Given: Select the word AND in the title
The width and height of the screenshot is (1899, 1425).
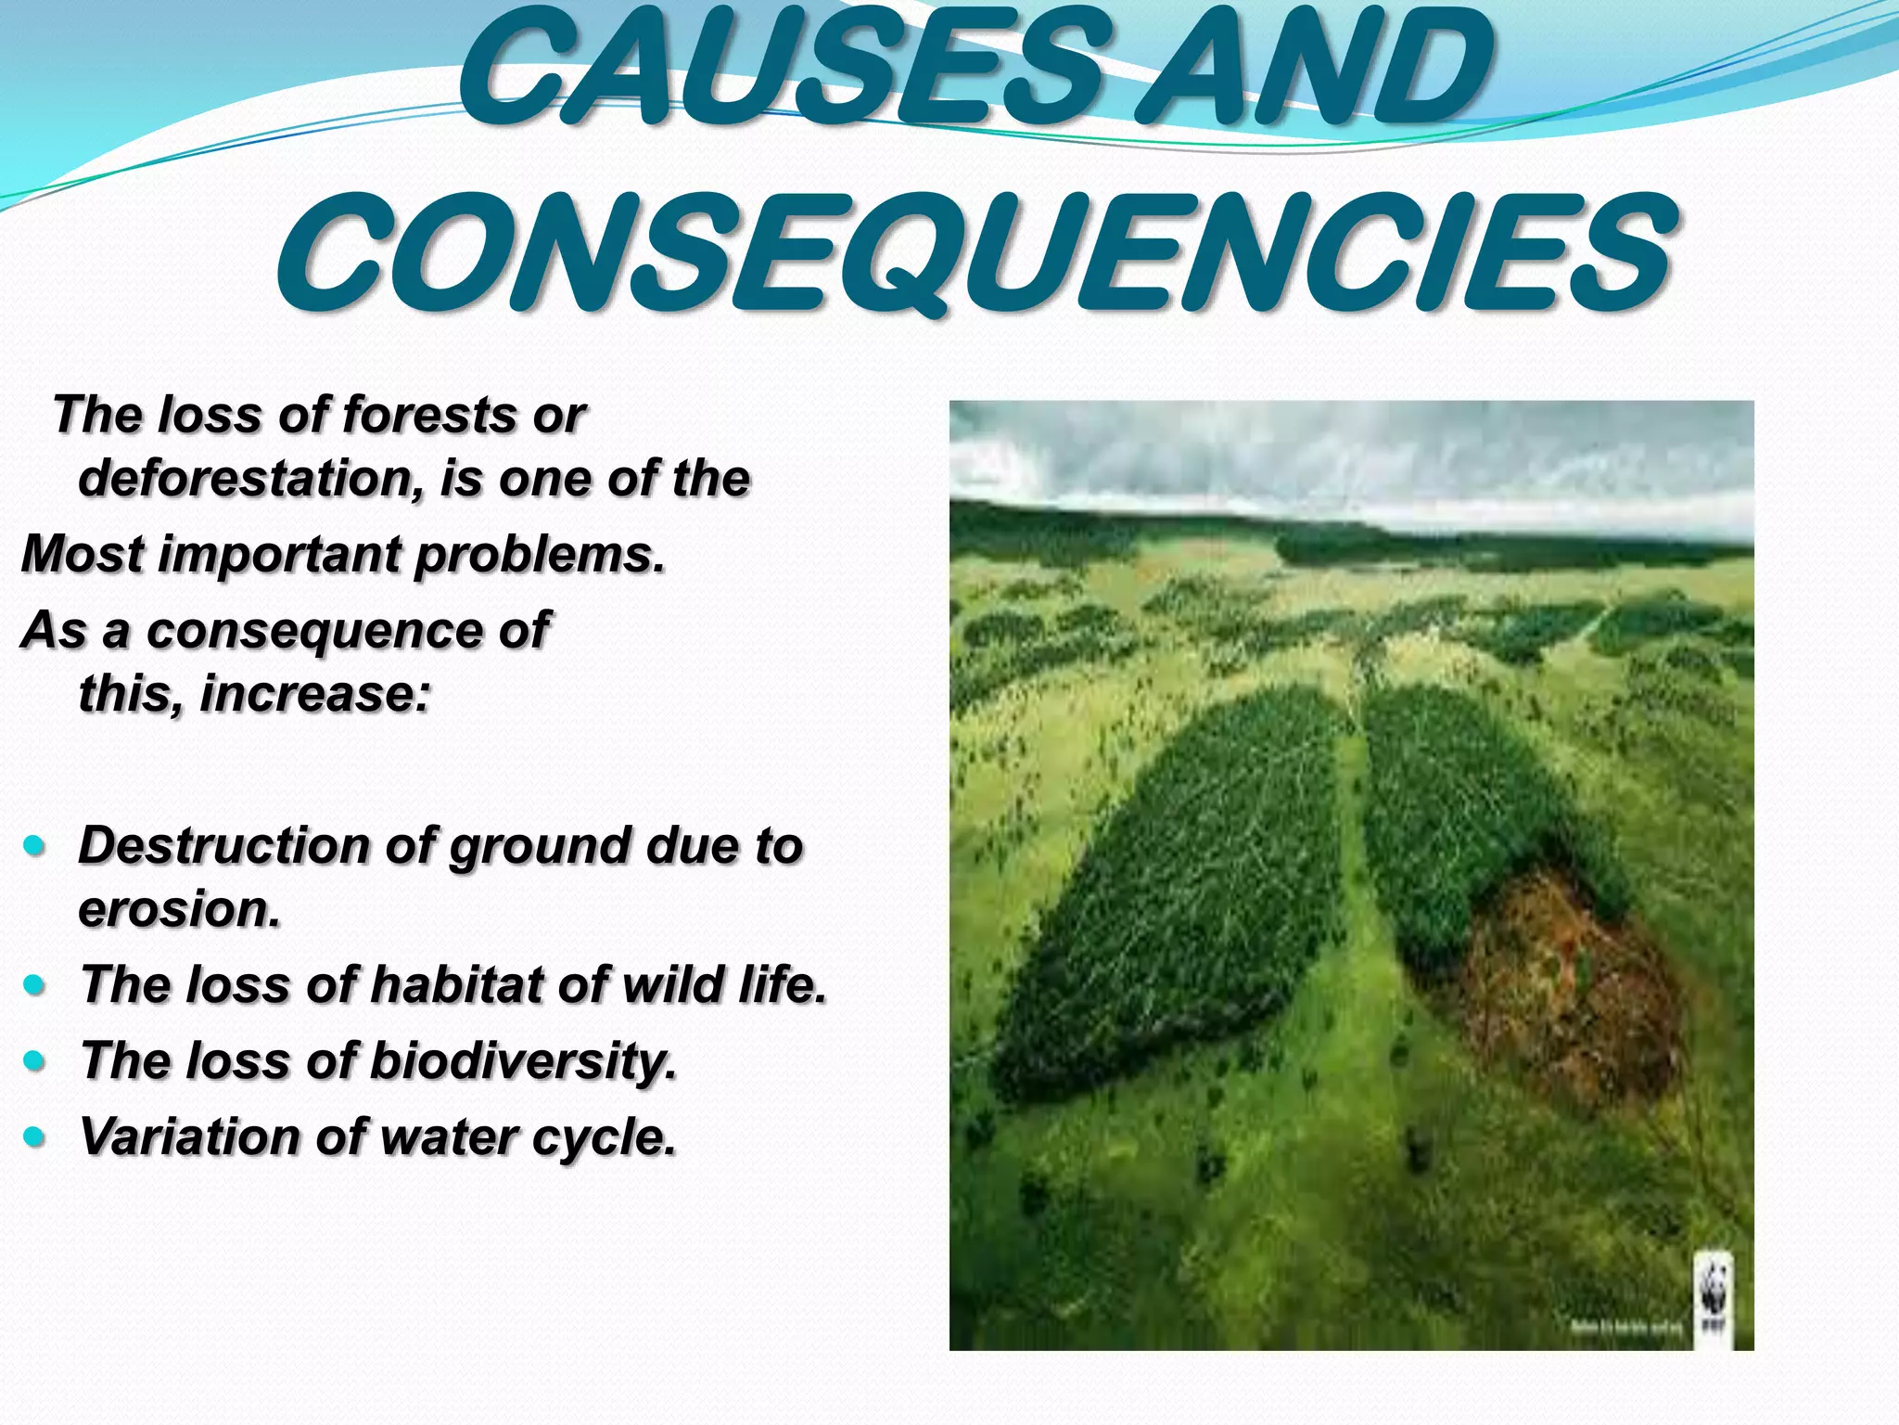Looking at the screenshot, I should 1307,65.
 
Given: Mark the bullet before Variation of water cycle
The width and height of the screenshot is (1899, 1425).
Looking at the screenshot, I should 35,1136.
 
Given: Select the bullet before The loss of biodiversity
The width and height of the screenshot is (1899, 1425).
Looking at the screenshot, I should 35,1060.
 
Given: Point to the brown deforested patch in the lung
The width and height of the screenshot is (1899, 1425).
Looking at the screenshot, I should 1567,983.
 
